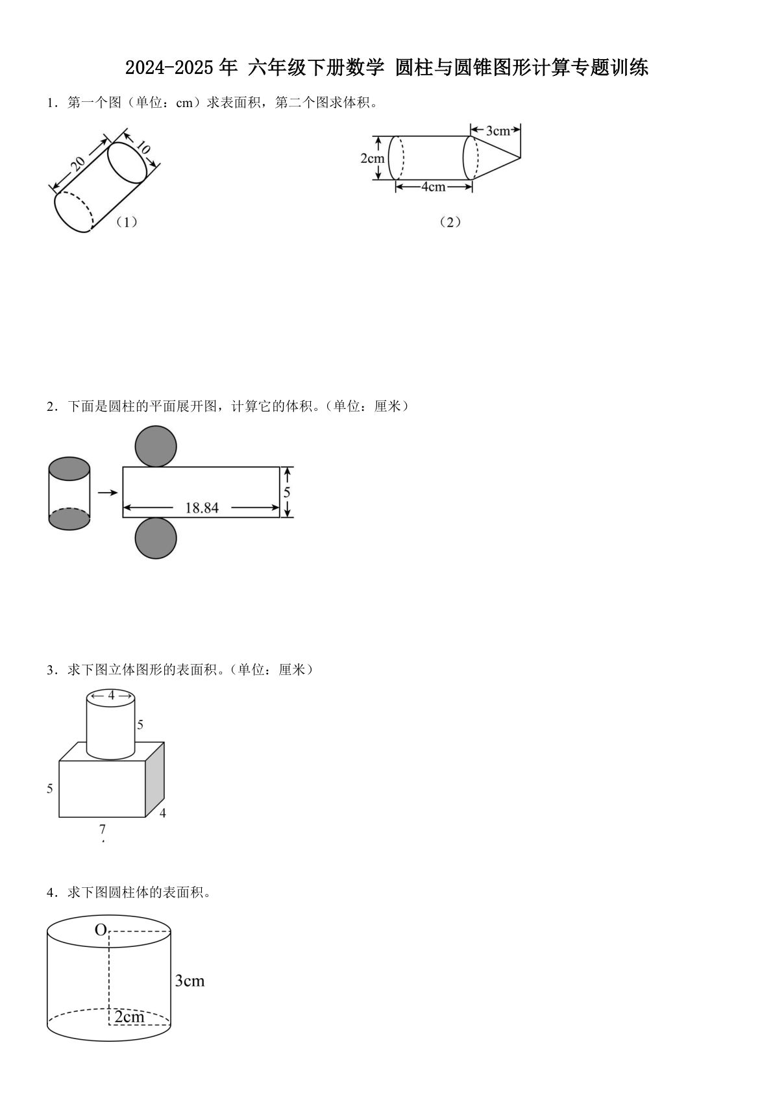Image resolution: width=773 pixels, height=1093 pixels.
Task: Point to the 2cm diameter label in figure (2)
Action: point(372,158)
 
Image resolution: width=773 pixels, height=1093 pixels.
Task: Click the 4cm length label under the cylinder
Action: point(434,187)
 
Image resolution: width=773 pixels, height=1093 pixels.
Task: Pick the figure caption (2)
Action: point(449,222)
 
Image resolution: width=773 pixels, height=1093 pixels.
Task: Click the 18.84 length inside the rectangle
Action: point(202,508)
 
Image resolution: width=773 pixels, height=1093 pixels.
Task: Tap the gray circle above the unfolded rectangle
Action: point(156,446)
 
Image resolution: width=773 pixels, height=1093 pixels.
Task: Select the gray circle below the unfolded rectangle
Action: point(156,538)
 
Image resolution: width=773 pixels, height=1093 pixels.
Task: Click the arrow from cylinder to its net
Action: point(107,493)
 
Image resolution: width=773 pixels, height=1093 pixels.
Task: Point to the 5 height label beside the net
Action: point(287,493)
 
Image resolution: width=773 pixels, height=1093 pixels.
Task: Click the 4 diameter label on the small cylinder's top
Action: point(111,695)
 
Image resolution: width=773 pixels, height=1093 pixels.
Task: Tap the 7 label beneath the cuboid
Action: point(102,829)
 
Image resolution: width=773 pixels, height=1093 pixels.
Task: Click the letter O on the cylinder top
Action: point(100,930)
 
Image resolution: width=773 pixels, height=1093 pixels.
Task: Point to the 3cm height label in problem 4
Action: point(190,981)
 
